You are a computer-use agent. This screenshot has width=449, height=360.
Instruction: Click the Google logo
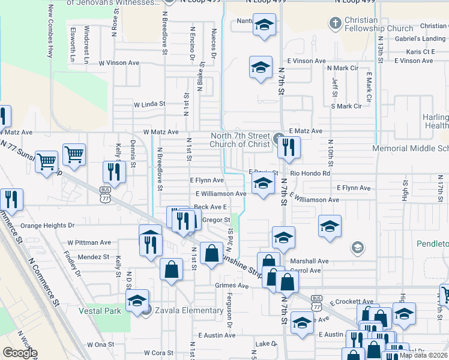point(20,353)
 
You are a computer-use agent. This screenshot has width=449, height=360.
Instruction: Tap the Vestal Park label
point(99,311)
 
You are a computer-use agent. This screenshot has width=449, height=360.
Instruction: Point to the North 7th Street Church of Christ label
point(241,140)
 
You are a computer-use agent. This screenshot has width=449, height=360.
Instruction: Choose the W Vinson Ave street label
point(119,62)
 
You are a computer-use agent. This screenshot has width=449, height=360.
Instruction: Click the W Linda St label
point(149,104)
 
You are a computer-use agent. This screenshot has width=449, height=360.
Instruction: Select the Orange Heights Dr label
point(47,226)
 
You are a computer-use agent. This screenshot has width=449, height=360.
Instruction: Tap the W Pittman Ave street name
point(89,243)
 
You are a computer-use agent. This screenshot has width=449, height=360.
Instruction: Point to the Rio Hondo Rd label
point(310,173)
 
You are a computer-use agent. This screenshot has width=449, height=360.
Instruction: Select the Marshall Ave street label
point(309,262)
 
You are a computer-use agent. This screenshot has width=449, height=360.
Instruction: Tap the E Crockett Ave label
point(350,302)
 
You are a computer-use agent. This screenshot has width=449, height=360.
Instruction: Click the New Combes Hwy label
point(50,33)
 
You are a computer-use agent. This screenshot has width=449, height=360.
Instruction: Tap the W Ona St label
point(100,345)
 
